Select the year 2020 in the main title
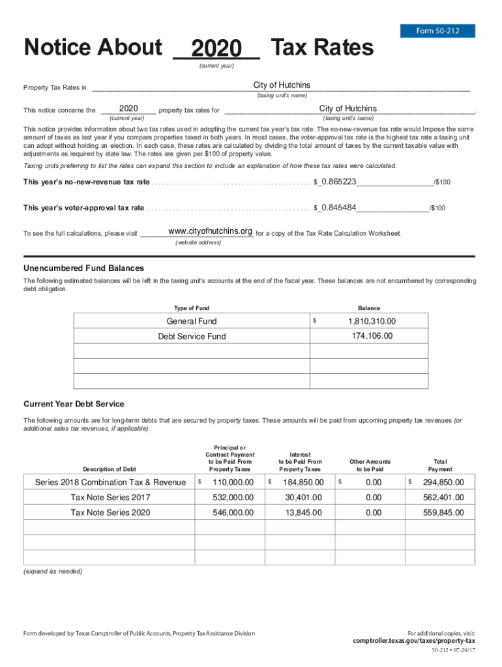tap(216, 49)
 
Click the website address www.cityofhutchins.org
tap(210, 232)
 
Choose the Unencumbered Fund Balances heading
tap(83, 268)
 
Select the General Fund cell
tap(192, 321)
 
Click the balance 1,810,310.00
tap(372, 321)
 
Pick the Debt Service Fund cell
tap(192, 336)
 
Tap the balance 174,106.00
tap(372, 336)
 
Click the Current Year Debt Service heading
tap(74, 404)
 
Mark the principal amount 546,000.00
tap(233, 513)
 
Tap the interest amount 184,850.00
tap(303, 483)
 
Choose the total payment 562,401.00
tap(443, 498)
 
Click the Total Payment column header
tap(439, 465)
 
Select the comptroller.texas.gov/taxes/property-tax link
tap(414, 640)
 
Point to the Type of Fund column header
tap(192, 308)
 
